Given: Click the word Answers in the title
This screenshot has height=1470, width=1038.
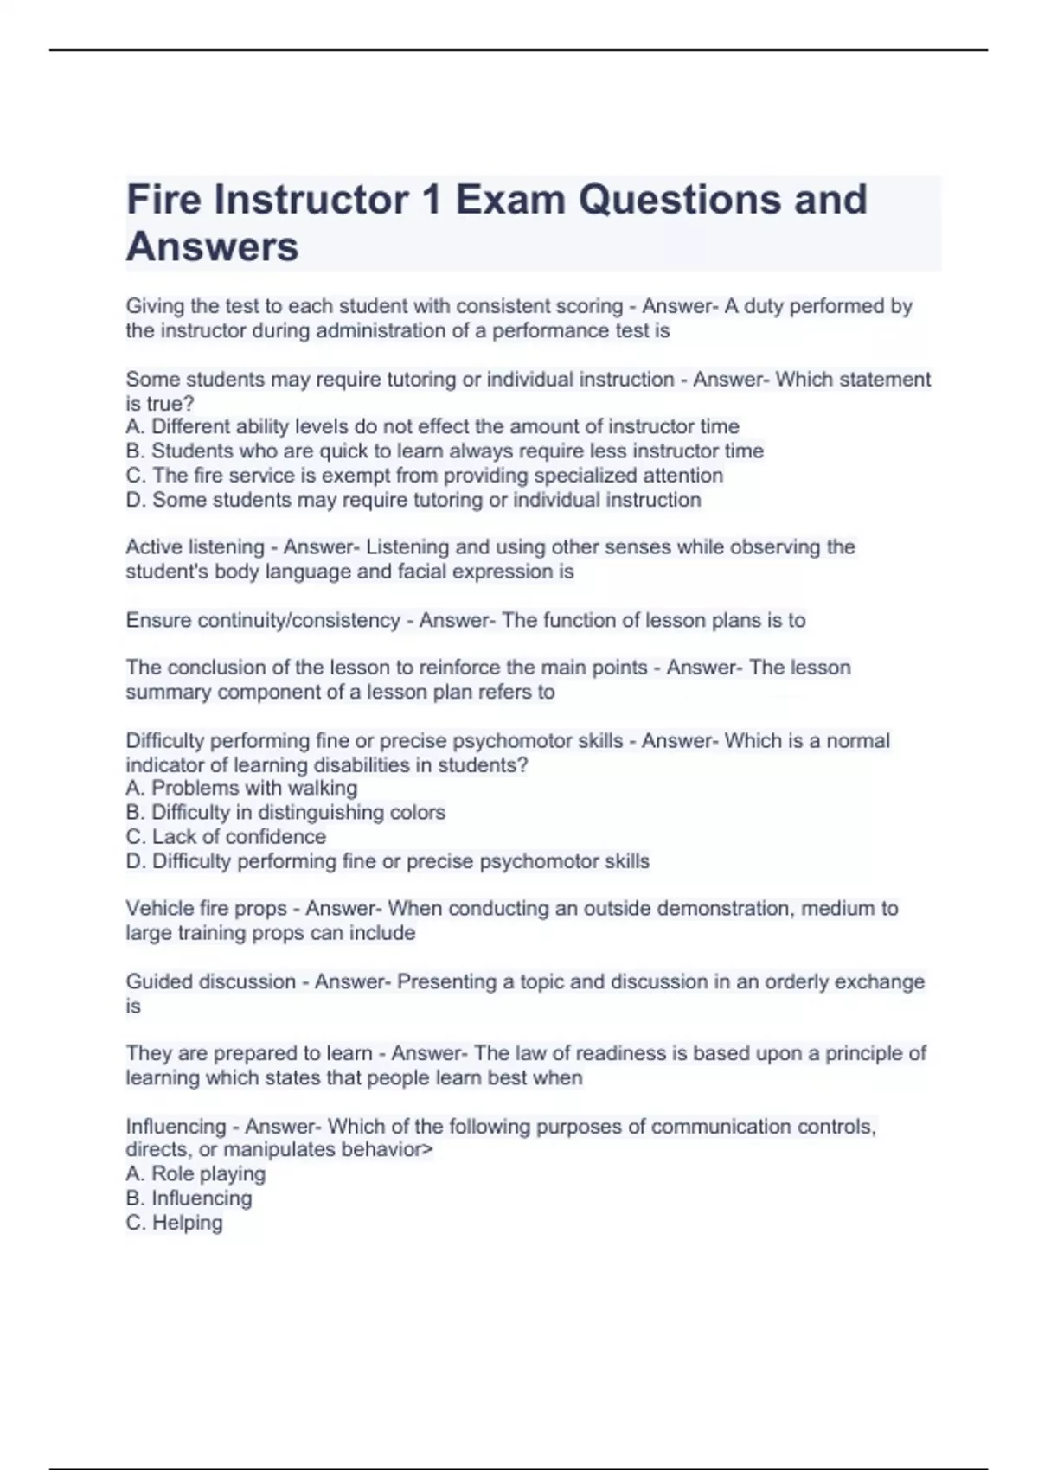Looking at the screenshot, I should pos(212,246).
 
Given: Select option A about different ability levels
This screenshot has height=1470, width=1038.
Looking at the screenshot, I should pos(432,426).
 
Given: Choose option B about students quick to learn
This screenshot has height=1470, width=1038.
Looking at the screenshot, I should pos(445,451).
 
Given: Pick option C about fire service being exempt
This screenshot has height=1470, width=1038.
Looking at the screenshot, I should pos(424,476).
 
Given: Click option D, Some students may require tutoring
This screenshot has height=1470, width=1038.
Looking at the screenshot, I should pos(413,500).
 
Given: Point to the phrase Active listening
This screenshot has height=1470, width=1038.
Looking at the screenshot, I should pos(195,547).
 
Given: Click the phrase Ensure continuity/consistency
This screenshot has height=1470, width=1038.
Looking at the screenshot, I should pos(262,621).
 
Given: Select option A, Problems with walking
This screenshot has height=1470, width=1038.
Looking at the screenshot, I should pos(241,788).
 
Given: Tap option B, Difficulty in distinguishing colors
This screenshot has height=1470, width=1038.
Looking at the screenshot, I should pos(285,813).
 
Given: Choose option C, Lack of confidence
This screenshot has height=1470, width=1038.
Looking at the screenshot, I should pos(226,837).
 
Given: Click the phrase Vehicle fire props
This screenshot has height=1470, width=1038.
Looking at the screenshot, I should pos(206,909).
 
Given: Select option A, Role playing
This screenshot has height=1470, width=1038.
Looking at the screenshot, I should pos(195,1173).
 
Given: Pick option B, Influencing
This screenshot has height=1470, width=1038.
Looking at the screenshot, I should pos(189,1198).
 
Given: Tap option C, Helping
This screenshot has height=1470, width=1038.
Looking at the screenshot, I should pos(174,1223).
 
